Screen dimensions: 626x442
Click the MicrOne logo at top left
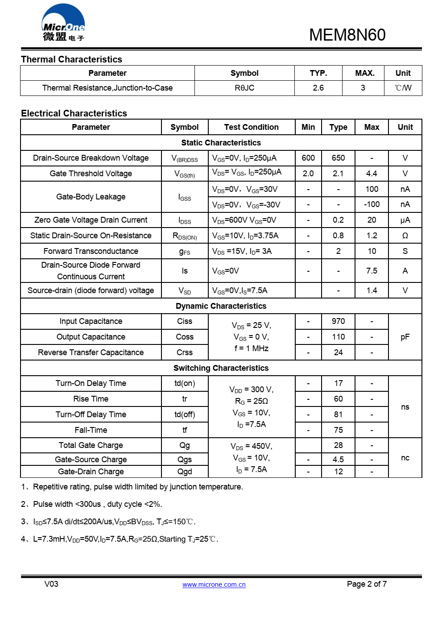pyautogui.click(x=63, y=23)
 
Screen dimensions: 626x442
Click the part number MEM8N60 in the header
pyautogui.click(x=347, y=35)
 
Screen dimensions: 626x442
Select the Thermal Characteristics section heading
pyautogui.click(x=71, y=59)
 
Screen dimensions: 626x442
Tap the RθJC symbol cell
pyautogui.click(x=244, y=88)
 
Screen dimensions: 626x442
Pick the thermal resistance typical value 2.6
pyautogui.click(x=318, y=88)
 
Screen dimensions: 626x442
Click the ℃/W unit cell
pyautogui.click(x=403, y=88)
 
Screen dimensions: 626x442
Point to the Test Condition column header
pyautogui.click(x=251, y=127)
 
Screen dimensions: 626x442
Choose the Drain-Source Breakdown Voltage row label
pyautogui.click(x=91, y=158)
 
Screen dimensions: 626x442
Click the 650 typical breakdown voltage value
pyautogui.click(x=338, y=158)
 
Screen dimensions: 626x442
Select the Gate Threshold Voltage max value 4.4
pyautogui.click(x=372, y=174)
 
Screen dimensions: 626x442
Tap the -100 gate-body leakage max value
pyautogui.click(x=372, y=204)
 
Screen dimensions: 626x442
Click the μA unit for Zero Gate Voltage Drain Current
pyautogui.click(x=405, y=220)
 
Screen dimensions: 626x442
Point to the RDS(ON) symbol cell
pyautogui.click(x=185, y=236)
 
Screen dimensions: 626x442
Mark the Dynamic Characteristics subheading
pyautogui.click(x=221, y=306)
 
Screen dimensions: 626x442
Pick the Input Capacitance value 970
pyautogui.click(x=338, y=321)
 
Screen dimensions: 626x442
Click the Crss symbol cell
pyautogui.click(x=185, y=352)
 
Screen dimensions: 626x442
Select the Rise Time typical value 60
pyautogui.click(x=338, y=399)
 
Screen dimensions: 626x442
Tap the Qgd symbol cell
pyautogui.click(x=185, y=472)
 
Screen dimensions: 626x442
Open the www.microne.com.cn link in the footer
pyautogui.click(x=214, y=585)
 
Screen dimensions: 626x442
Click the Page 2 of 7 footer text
pyautogui.click(x=367, y=584)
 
